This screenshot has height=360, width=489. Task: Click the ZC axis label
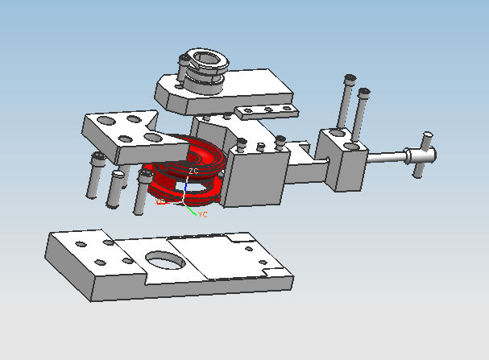(x=193, y=172)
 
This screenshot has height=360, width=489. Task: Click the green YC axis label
(x=203, y=215)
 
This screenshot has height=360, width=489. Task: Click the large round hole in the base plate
(x=164, y=260)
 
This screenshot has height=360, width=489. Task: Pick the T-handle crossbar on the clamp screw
(x=422, y=152)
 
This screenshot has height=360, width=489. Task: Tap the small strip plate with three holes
(x=266, y=110)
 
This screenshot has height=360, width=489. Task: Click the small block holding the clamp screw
(x=342, y=161)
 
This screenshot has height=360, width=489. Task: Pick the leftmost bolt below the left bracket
(x=96, y=176)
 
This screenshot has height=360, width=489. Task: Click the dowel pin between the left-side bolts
(x=116, y=186)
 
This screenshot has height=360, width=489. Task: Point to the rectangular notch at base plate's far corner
(x=237, y=238)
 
